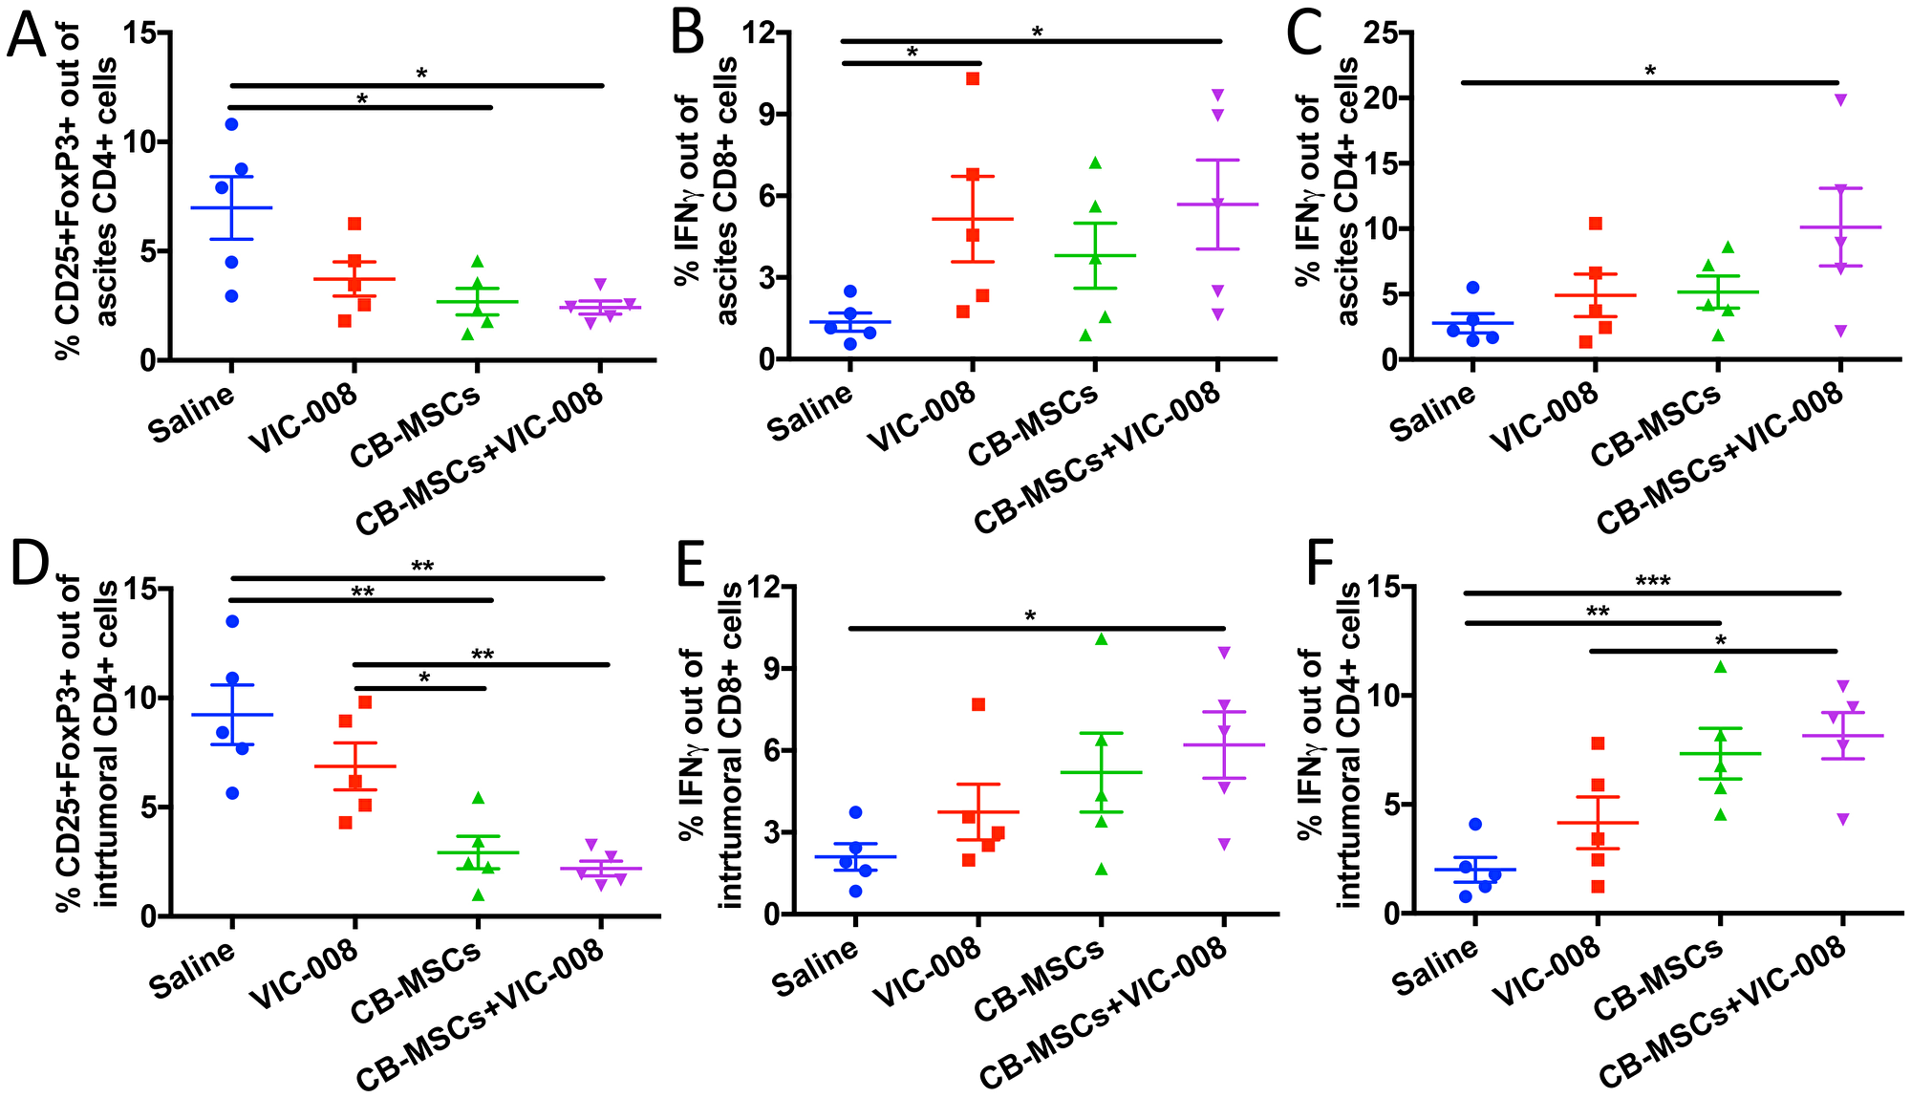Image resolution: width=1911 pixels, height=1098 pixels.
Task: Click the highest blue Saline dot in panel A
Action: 231,124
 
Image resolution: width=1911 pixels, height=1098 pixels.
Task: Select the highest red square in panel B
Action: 973,78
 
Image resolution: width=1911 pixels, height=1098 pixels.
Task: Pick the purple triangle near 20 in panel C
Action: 1841,99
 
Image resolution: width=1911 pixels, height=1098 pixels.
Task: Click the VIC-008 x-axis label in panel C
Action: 1545,417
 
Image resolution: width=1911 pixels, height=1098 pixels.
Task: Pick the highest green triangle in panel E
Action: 1101,639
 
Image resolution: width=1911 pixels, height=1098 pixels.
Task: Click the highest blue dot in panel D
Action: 231,621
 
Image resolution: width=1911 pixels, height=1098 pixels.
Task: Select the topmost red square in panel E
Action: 978,704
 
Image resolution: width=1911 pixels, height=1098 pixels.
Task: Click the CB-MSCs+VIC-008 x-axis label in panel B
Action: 1099,459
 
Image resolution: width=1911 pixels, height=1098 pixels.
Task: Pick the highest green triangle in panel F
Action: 1720,667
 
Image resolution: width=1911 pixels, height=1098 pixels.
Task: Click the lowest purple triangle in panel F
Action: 1841,819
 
